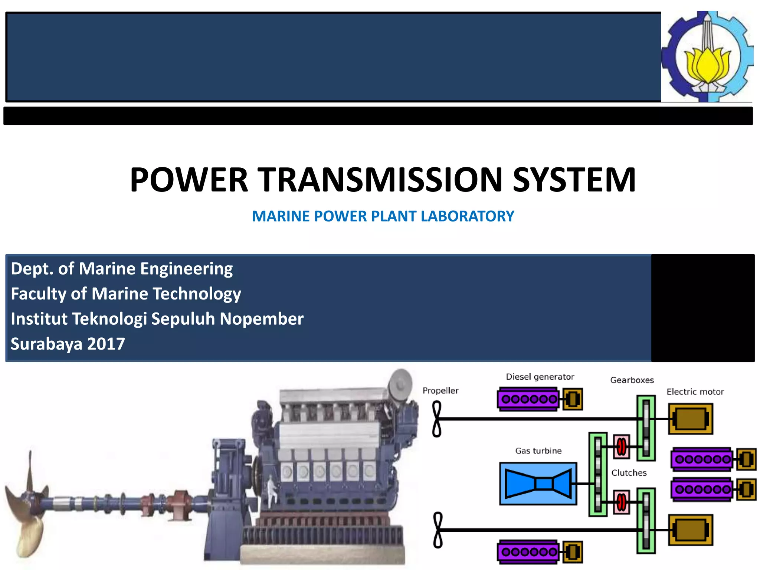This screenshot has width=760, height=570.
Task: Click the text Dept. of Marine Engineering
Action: point(122,269)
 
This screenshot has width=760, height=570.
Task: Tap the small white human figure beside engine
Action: point(272,489)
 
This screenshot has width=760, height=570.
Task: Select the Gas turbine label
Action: point(538,451)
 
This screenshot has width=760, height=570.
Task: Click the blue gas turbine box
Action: point(538,484)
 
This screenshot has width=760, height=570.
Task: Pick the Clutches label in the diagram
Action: point(629,473)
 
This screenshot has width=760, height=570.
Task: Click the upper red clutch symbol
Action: point(621,446)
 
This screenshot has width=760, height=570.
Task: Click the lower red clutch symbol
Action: point(621,502)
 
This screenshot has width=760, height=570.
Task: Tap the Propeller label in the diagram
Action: point(440,391)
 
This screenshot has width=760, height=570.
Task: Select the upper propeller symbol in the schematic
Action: point(437,419)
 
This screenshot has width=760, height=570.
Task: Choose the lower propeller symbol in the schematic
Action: point(438,530)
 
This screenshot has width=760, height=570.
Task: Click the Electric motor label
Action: point(695,392)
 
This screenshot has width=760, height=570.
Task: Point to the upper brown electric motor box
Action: point(690,419)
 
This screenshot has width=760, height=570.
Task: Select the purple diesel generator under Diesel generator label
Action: point(528,399)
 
